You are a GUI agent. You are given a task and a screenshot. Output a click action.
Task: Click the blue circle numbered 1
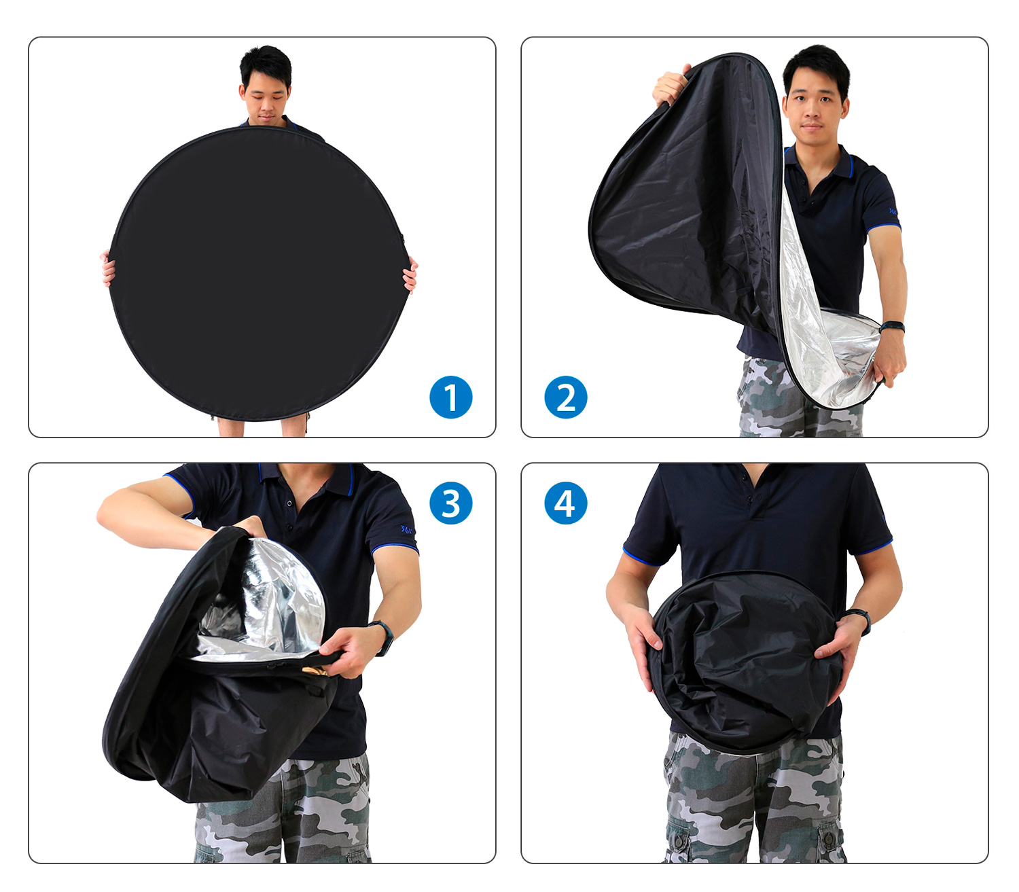(450, 397)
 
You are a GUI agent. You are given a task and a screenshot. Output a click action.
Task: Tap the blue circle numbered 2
(566, 397)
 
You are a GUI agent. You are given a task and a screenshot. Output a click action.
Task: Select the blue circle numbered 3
(450, 503)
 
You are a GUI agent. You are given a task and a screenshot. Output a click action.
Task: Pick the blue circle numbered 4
(566, 503)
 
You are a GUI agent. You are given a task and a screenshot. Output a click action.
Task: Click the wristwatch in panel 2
(892, 327)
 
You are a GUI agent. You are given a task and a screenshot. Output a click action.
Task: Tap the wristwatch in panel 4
(859, 621)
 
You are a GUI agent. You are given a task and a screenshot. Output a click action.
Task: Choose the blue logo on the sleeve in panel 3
(406, 529)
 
